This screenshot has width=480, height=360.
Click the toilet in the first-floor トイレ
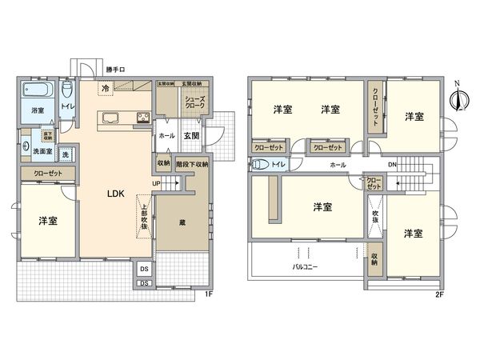point(68,90)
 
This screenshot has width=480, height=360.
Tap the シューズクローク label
point(193,101)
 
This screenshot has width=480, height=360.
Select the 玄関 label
point(192,135)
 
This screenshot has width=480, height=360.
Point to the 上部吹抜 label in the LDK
point(144,215)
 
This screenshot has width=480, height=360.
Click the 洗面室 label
point(42,150)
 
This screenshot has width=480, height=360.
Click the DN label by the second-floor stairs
point(392,165)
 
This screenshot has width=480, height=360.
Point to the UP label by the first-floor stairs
point(154,183)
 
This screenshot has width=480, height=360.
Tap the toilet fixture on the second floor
point(262,166)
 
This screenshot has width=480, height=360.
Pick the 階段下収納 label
point(191,163)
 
